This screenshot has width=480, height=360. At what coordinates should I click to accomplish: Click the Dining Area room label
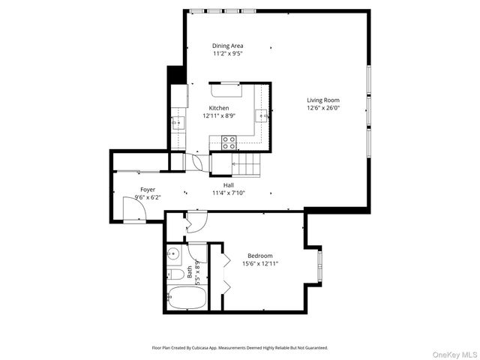tap(227, 46)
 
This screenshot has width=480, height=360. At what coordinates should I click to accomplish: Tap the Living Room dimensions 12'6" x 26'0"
tap(323, 108)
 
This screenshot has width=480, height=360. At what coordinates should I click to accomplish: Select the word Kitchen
tap(218, 108)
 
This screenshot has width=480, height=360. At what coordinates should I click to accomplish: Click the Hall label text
tap(228, 184)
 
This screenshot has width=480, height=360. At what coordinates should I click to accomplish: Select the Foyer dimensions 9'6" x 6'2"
tap(148, 197)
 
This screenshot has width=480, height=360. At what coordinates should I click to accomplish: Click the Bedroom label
tap(260, 255)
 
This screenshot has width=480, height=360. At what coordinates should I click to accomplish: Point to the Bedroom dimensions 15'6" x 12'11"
tap(260, 263)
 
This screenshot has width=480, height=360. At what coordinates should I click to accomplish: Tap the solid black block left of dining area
tap(175, 76)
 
